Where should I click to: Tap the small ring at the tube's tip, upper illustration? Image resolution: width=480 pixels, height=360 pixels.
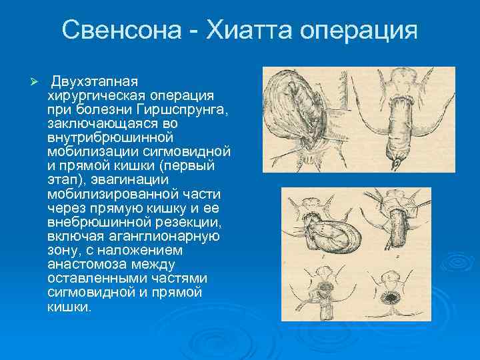point(398,162)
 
